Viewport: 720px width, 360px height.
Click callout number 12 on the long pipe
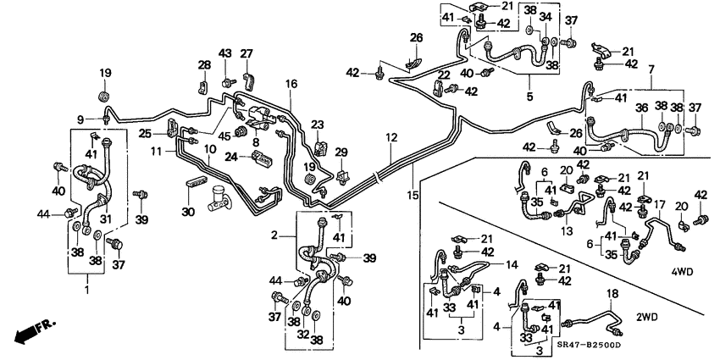(x=390, y=137)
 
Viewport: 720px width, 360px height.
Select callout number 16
(x=291, y=84)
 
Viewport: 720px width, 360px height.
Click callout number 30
(x=189, y=212)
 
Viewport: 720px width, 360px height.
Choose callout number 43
(x=225, y=53)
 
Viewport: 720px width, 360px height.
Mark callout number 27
(x=246, y=53)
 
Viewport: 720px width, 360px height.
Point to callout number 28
(x=204, y=65)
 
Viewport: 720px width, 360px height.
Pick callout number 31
(x=106, y=218)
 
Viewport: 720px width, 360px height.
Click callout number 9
(x=81, y=119)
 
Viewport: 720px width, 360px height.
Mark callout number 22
(x=443, y=75)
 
